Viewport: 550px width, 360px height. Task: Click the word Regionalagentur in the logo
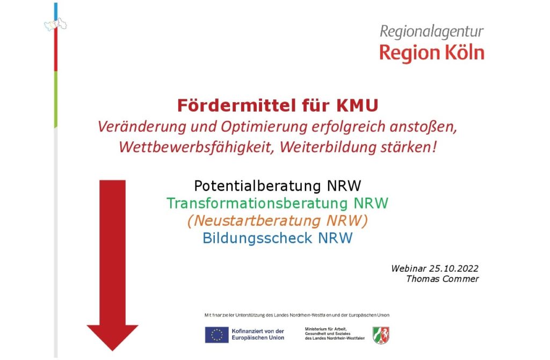click(432, 32)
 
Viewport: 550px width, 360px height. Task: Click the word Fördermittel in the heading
click(236, 105)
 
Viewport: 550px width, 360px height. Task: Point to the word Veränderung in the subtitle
click(142, 127)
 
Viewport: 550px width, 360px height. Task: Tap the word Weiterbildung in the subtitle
click(324, 147)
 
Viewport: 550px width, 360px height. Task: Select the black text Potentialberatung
click(257, 186)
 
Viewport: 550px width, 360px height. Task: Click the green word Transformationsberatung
click(257, 204)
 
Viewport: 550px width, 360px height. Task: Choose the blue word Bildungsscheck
click(252, 238)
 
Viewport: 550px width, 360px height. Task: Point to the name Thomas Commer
click(443, 279)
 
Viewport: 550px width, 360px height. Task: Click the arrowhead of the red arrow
click(113, 337)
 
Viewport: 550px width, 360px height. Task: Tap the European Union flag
click(217, 335)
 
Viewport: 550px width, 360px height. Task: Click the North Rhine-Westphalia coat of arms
click(381, 335)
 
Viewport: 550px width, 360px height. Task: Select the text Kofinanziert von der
click(258, 331)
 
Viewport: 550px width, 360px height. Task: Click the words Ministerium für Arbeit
click(325, 329)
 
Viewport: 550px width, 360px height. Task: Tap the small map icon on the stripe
click(55, 25)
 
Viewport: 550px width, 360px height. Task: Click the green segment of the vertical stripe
click(56, 99)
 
